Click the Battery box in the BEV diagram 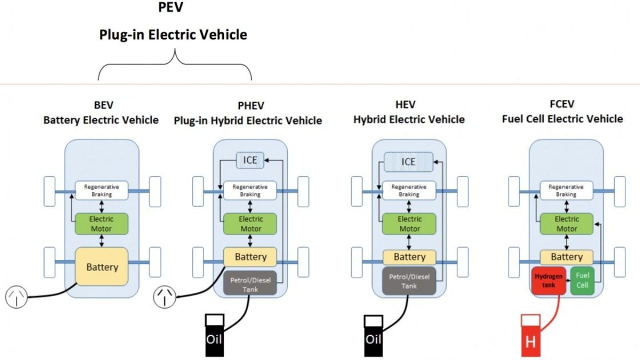[102, 266]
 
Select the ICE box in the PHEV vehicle [249, 161]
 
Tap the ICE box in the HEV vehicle [408, 161]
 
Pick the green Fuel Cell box [582, 280]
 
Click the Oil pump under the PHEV [214, 335]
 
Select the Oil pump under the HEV [373, 335]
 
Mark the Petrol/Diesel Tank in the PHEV [250, 283]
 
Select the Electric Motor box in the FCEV [566, 224]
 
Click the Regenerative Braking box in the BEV [101, 190]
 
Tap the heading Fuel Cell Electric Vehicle [562, 119]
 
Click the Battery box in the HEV [409, 257]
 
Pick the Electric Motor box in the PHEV [250, 224]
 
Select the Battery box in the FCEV [566, 257]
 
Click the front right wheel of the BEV [155, 191]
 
